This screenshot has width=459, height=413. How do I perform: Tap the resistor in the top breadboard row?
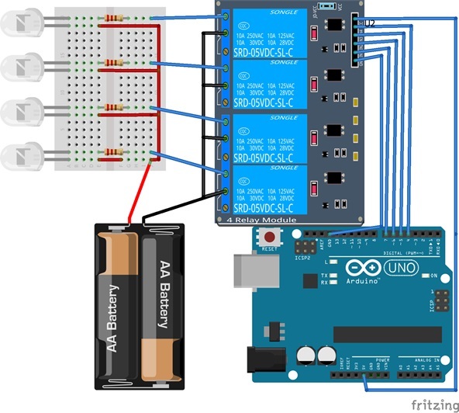coord(114,18)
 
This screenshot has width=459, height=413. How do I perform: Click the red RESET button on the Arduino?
coord(270,238)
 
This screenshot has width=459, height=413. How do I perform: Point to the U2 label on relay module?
coord(370,24)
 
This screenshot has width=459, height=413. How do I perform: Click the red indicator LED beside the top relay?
coord(313,33)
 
